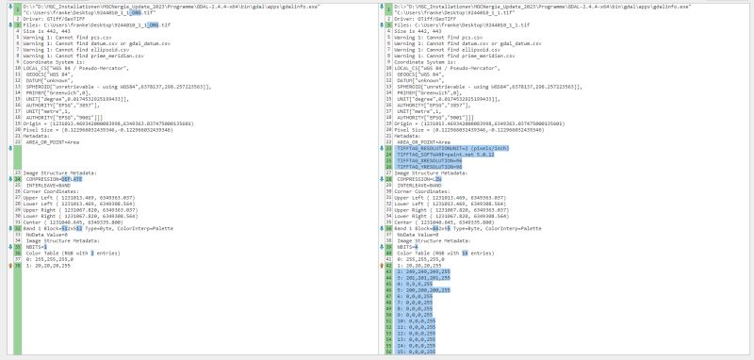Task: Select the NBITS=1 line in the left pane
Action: coord(41,246)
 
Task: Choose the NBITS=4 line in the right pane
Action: coord(411,246)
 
